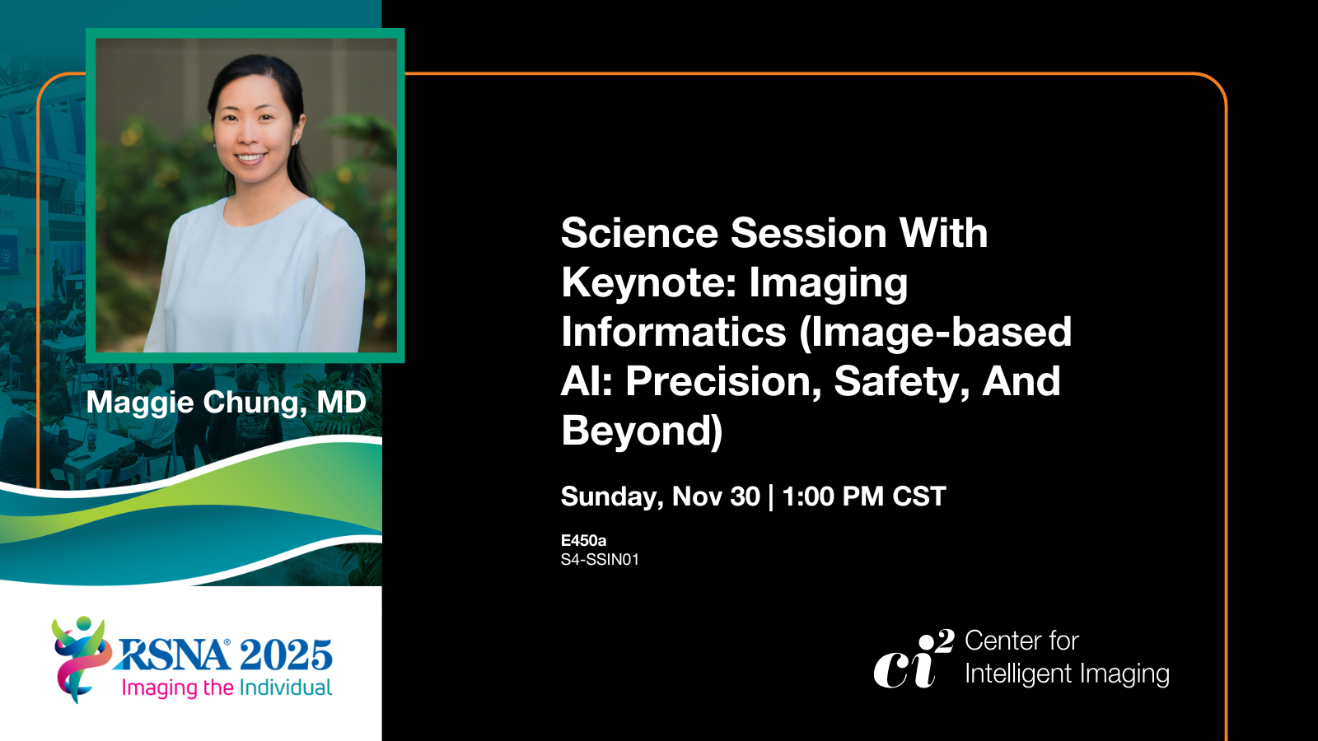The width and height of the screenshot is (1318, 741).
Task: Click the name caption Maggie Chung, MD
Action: [227, 403]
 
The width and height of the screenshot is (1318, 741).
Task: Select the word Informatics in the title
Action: [674, 332]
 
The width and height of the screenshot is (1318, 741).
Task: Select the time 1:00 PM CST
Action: [864, 496]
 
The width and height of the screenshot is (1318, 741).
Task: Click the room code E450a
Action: [584, 540]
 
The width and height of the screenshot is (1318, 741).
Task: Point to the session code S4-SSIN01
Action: [601, 559]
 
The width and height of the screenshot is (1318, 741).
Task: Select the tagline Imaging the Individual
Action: [227, 687]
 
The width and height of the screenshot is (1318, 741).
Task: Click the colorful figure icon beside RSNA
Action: [81, 659]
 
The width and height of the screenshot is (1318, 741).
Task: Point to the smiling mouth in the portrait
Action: [250, 157]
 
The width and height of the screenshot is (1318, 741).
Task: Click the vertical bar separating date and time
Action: [771, 497]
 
